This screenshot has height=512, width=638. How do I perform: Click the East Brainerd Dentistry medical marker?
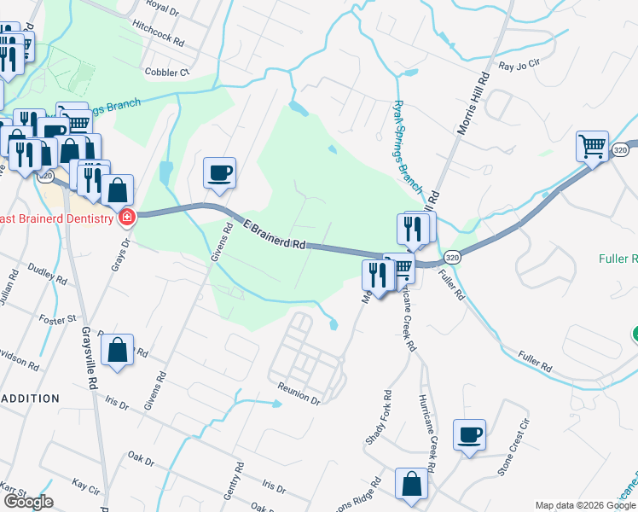[127, 218]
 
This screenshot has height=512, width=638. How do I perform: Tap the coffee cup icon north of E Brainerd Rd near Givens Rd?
[219, 172]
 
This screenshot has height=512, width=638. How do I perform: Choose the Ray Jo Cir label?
[519, 65]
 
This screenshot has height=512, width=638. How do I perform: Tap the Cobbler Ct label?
[166, 73]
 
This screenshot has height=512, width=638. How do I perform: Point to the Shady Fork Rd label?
[379, 418]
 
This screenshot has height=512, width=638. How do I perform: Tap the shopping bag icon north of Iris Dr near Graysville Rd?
[117, 349]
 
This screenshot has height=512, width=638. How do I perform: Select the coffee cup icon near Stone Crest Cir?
[468, 434]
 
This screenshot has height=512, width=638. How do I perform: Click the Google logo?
[28, 502]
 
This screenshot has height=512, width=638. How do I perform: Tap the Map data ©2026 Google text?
[585, 505]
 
